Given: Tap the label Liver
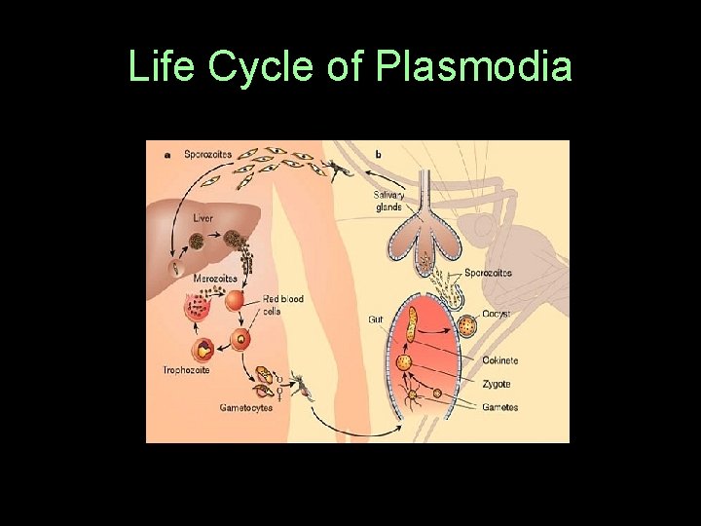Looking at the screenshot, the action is tap(203, 219).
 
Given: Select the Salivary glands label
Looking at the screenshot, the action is tap(387, 200).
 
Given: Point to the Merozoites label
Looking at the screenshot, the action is tap(214, 280).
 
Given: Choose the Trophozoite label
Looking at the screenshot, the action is tap(188, 370).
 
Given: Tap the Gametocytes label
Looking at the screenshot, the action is tap(245, 408).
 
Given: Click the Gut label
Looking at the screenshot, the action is tap(375, 319).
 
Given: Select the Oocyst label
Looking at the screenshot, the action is tap(497, 314).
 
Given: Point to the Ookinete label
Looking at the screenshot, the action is tap(500, 360).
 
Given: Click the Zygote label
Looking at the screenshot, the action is tap(497, 385).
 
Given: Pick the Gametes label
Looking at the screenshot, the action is tap(500, 407).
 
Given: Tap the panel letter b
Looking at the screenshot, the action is tap(378, 154).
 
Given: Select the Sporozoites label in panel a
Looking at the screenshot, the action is tap(207, 154).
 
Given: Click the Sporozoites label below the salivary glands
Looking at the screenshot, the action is tap(488, 273).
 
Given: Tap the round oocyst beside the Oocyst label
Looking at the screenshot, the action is tap(467, 324).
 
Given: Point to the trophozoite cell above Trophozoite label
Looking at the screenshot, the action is tap(205, 349).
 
